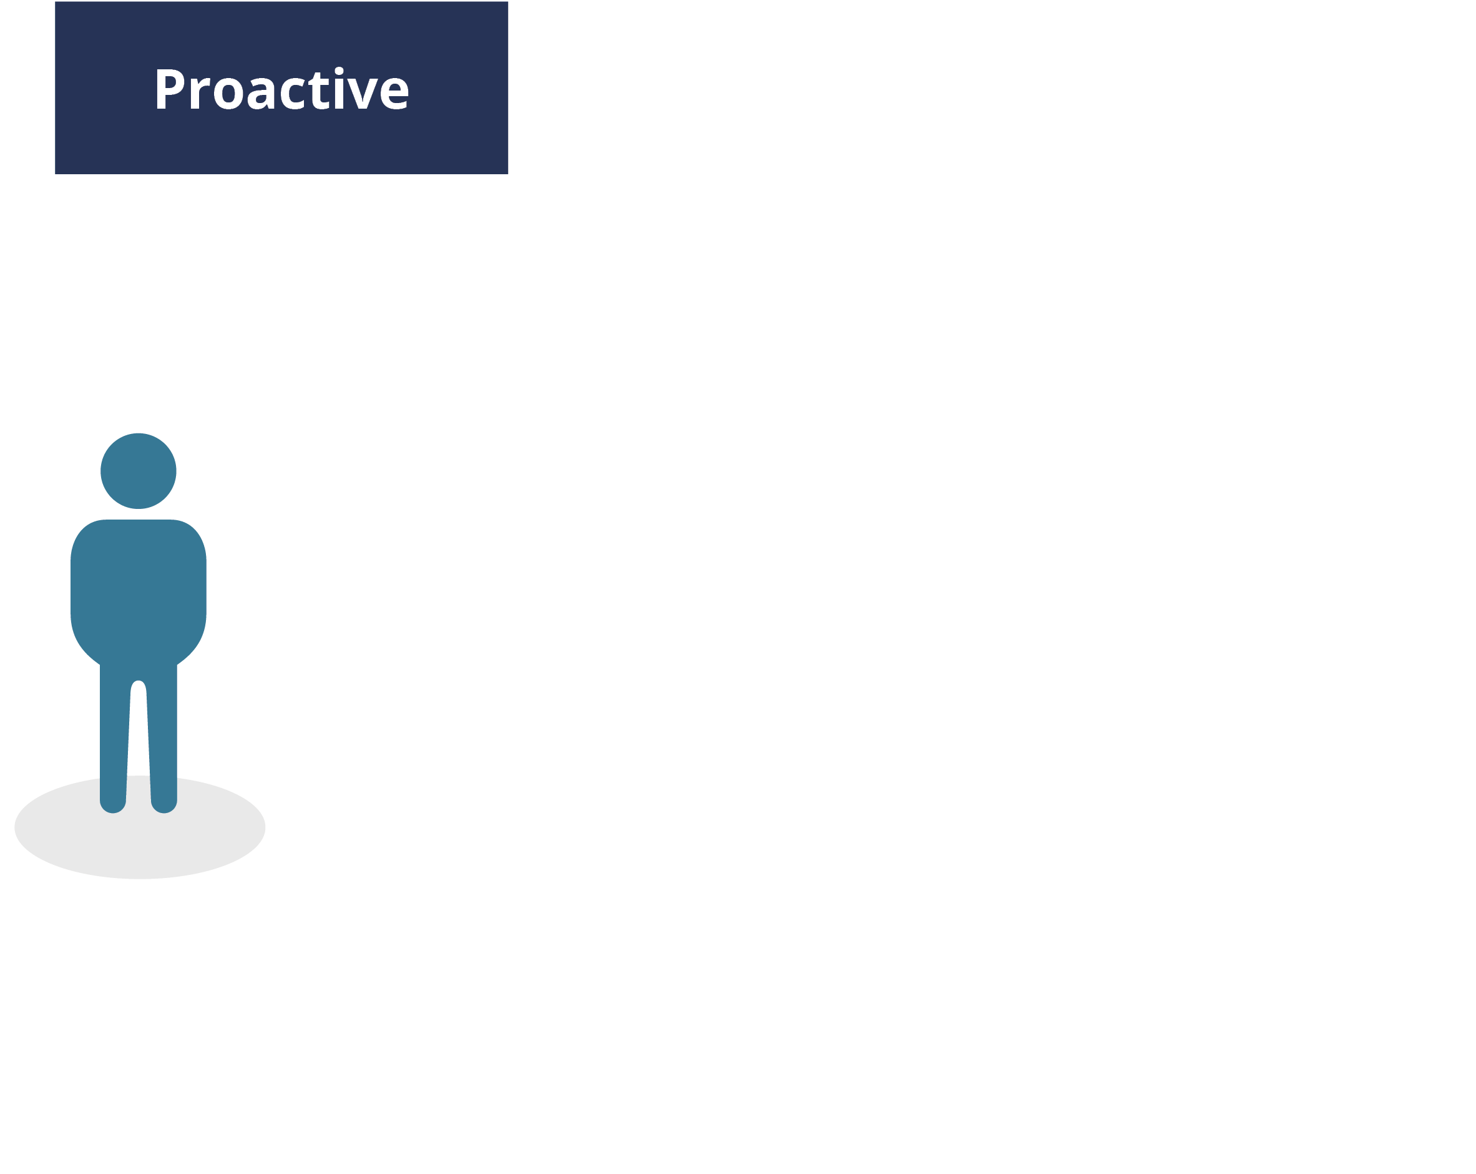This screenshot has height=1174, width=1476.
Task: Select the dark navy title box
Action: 281,87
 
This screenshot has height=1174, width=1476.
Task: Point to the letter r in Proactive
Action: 199,93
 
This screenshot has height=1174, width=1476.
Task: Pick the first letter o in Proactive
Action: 228,93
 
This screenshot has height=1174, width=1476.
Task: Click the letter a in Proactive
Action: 261,93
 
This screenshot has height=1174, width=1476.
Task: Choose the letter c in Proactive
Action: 293,93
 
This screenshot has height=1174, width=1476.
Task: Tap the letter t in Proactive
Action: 319,91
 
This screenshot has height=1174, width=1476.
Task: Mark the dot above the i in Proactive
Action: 339,71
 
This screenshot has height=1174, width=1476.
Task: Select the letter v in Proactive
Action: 363,93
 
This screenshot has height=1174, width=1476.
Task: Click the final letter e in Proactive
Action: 394,93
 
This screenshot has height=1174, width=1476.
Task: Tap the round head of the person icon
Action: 139,471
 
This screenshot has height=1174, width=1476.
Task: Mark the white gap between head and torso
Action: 139,515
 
